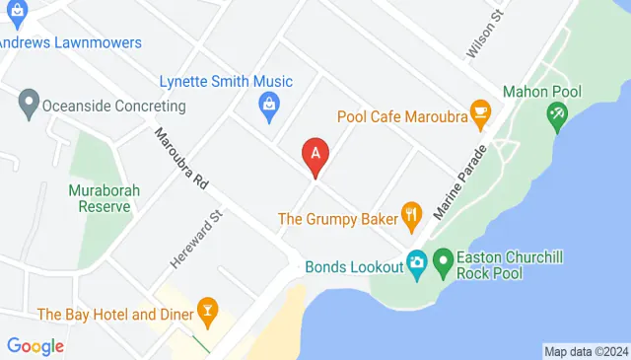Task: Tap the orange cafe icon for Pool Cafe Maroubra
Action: [481, 115]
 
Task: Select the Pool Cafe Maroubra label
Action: [402, 115]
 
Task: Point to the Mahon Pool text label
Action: [541, 92]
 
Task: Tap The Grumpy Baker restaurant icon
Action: [412, 214]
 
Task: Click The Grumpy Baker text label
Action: [337, 218]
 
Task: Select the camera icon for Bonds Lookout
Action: [417, 263]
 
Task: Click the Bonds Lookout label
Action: [355, 266]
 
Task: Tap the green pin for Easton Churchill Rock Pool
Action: [444, 263]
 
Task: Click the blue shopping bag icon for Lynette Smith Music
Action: [268, 104]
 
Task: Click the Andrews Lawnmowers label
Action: [71, 42]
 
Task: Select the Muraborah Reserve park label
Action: [99, 198]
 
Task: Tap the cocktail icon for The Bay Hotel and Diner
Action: [207, 314]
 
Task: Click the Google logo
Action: [35, 345]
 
